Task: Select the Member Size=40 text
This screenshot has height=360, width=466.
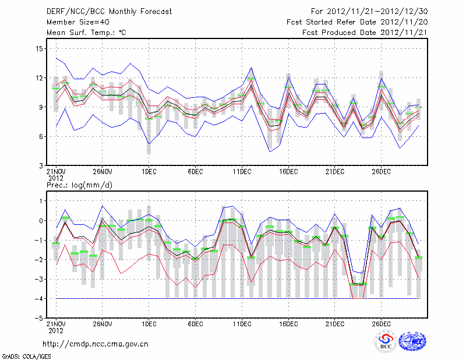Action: (x=76, y=22)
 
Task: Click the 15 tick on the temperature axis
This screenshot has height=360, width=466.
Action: (x=40, y=48)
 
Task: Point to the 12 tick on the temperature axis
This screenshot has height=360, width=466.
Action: (x=40, y=78)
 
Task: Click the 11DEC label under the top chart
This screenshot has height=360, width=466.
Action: (x=242, y=172)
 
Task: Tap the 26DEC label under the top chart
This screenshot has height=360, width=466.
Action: (x=381, y=172)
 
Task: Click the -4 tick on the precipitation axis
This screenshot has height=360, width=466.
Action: (x=40, y=299)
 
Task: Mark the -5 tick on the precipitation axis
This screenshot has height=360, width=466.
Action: (x=40, y=319)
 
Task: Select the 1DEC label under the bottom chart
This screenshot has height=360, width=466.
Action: (x=149, y=324)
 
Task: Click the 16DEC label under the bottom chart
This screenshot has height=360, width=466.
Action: (x=288, y=324)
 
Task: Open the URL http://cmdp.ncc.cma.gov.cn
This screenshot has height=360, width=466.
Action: (x=96, y=344)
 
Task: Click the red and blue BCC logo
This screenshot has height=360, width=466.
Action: (x=386, y=342)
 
